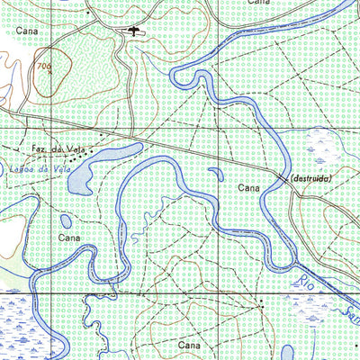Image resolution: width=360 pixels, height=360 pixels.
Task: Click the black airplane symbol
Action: pos(133,31)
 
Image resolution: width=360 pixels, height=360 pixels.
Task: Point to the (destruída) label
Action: pos(311,179)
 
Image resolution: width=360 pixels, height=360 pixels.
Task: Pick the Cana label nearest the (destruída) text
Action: pos(250,188)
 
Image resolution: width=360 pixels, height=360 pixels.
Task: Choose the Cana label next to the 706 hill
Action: pos(28,31)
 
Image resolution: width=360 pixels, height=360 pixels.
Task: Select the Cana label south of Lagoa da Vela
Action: pos(70,238)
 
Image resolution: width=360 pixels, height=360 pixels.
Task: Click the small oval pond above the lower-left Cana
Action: pos(66,220)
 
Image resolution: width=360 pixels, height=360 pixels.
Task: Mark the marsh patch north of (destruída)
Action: pos(319,144)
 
